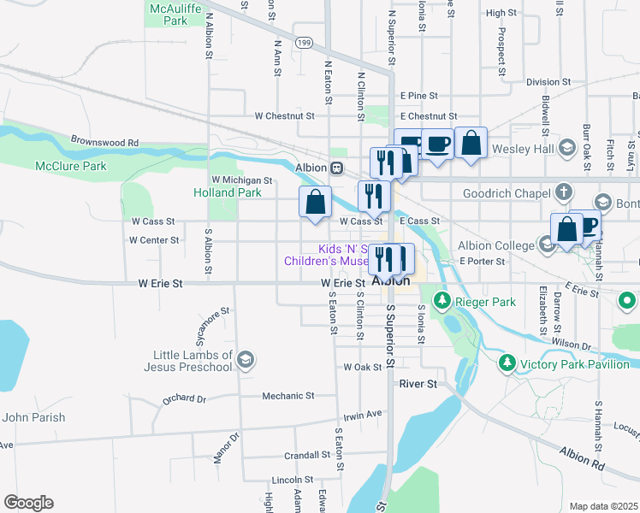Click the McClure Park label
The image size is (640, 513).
[71, 166]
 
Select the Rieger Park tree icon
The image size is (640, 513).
[442, 301]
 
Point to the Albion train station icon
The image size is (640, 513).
[338, 168]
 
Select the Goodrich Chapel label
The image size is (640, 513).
[506, 194]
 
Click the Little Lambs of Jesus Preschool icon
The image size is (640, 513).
[246, 359]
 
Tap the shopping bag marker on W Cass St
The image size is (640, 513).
[315, 203]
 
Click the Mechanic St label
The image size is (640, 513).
[287, 396]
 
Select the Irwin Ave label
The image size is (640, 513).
[362, 415]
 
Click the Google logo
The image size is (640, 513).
[28, 503]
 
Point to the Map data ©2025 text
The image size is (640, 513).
[603, 506]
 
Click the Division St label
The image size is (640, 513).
[548, 82]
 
